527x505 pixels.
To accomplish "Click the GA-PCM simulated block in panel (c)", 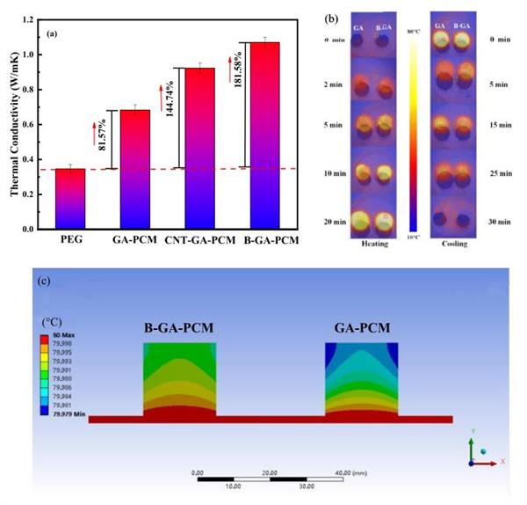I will (x=361, y=379).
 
